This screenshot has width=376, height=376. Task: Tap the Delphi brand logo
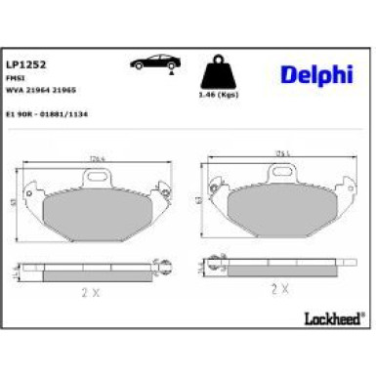coord(310,75)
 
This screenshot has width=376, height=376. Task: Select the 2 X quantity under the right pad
coord(280,290)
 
